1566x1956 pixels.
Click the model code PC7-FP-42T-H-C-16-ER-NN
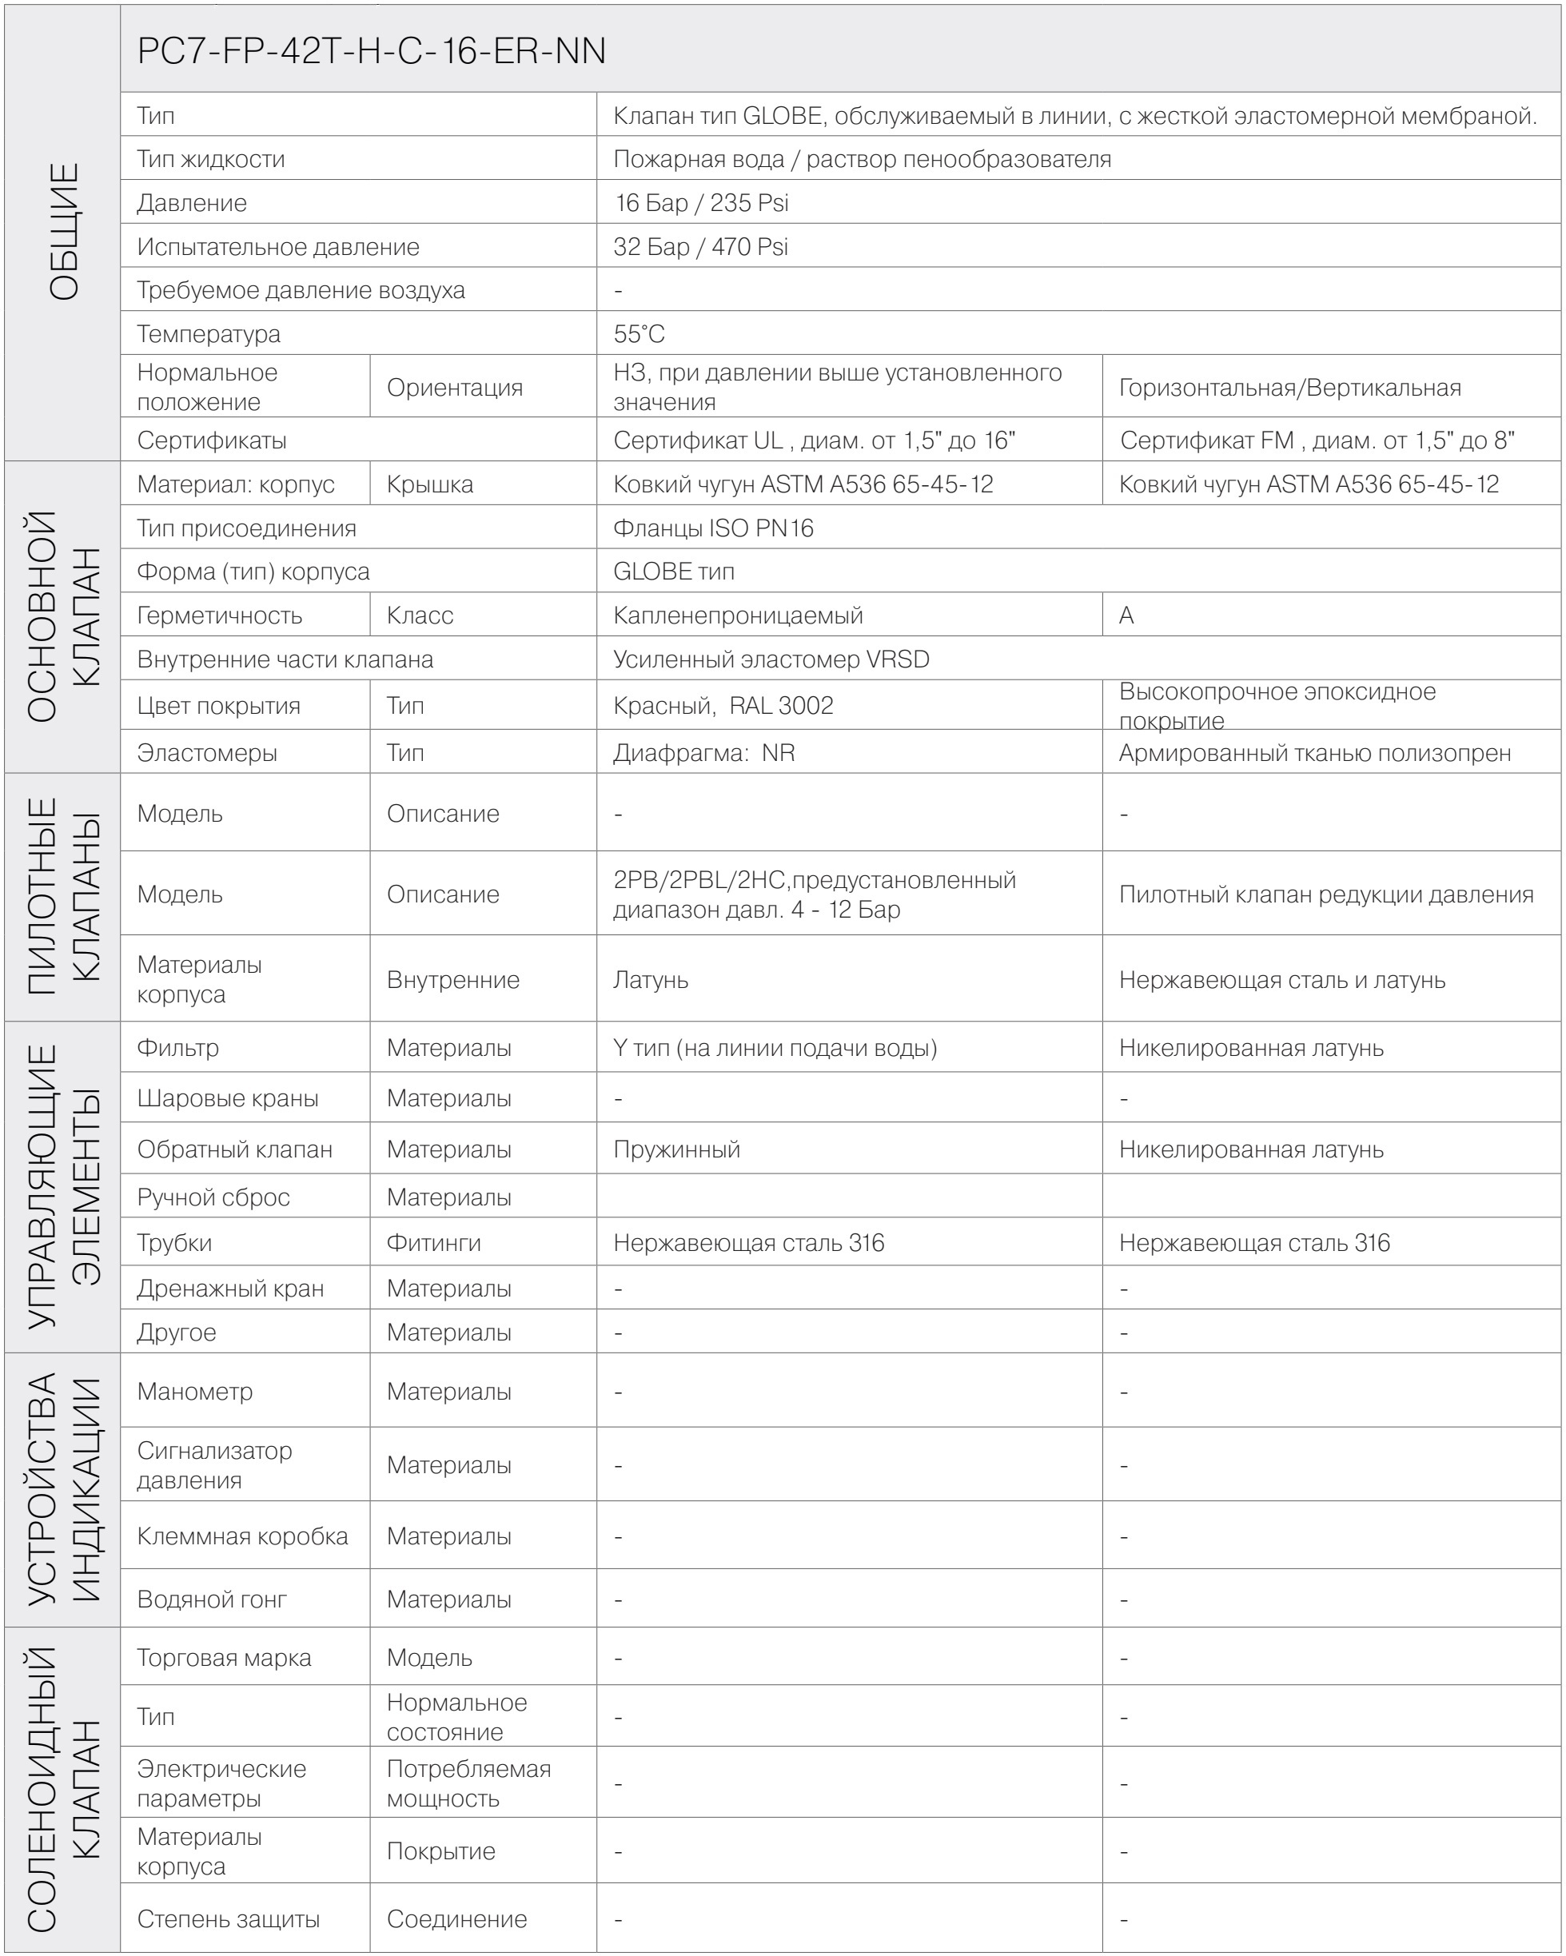(371, 51)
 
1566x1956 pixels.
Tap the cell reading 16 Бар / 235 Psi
(701, 202)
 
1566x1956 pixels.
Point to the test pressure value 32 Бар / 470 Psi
(700, 247)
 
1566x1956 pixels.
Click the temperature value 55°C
(639, 334)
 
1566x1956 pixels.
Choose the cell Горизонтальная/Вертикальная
(1289, 388)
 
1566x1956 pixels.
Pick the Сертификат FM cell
(1317, 441)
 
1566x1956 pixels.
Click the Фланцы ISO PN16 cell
(713, 528)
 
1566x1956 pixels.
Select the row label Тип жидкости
(210, 160)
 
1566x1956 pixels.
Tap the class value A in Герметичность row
(1126, 615)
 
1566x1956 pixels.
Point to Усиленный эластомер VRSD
(771, 659)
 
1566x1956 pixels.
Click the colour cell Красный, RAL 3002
(723, 706)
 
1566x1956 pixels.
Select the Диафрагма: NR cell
(704, 753)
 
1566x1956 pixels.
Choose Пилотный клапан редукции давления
(1325, 894)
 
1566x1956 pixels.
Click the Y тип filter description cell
(775, 1048)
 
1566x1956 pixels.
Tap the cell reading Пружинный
(677, 1149)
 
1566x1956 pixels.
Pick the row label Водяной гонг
(211, 1599)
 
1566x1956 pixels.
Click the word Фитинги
(434, 1243)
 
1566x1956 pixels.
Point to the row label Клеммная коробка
(242, 1536)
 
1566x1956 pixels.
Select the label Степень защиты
(228, 1918)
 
